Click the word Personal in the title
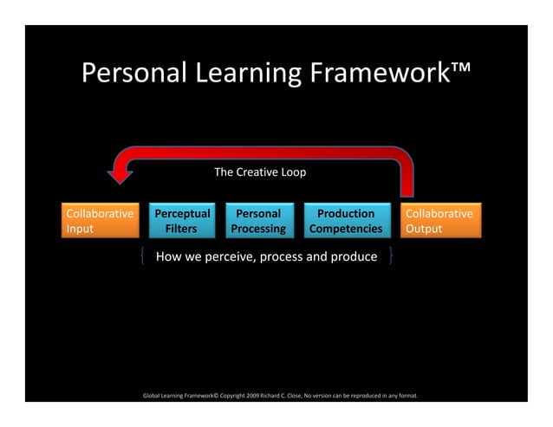(x=129, y=74)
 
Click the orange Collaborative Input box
(x=101, y=221)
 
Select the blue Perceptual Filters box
(x=182, y=221)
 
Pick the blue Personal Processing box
(x=258, y=221)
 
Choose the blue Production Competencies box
(x=346, y=221)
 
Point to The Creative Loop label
(x=260, y=172)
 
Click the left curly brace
(x=141, y=256)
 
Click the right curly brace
(x=392, y=256)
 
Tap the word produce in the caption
(x=352, y=256)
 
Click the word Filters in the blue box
(x=181, y=230)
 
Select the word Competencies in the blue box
(x=346, y=230)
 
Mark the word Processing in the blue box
(x=258, y=230)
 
